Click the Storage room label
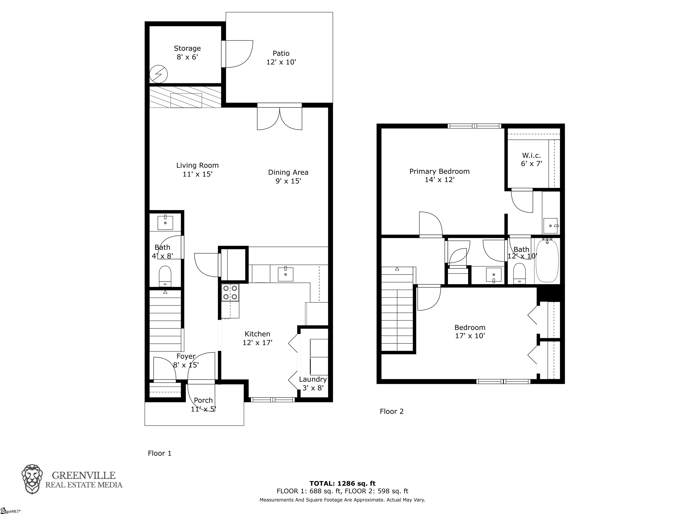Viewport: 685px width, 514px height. tap(187, 52)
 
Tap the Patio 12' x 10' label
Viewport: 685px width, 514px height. tap(281, 57)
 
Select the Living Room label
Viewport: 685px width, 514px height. tap(198, 170)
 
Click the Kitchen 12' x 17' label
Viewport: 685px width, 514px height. tap(257, 338)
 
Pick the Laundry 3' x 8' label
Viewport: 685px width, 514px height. tap(313, 383)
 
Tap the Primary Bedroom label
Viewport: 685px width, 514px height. tap(439, 175)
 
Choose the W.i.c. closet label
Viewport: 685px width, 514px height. tap(531, 159)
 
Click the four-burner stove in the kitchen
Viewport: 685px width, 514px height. tap(230, 292)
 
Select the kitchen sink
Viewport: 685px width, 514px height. tap(285, 274)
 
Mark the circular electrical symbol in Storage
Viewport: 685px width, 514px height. tap(159, 74)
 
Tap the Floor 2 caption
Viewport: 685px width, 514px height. tap(392, 411)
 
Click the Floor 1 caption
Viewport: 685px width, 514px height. tap(159, 453)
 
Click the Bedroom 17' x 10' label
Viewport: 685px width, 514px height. tap(470, 331)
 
